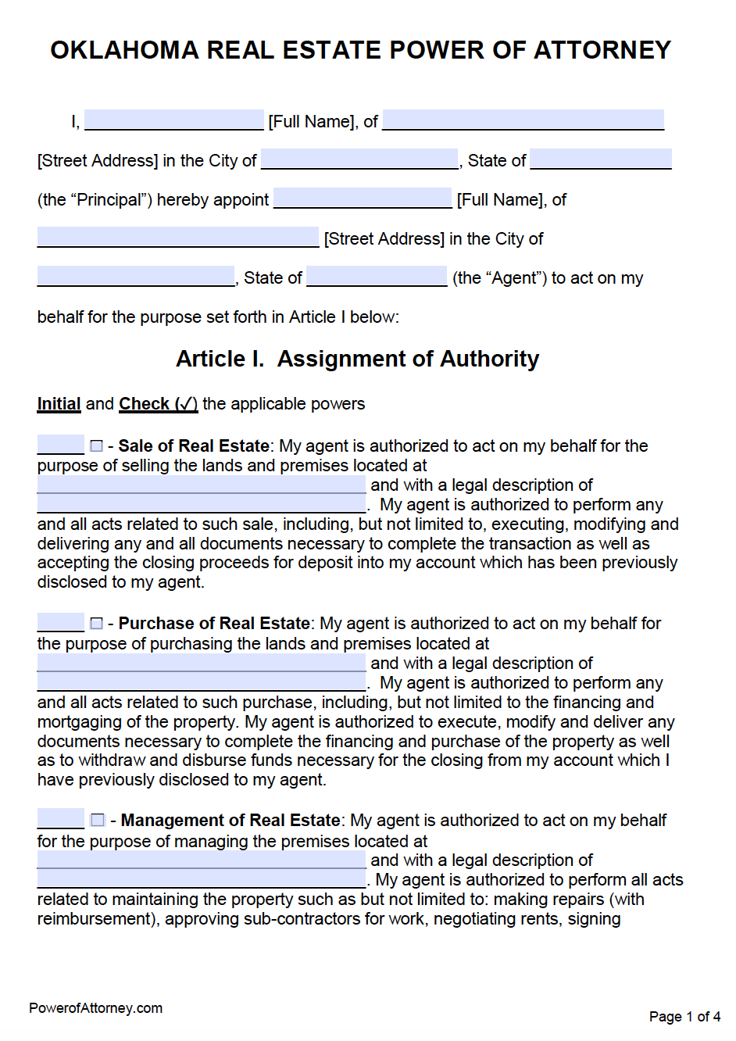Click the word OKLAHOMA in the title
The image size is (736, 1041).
click(x=124, y=50)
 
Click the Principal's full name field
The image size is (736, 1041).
click(x=174, y=120)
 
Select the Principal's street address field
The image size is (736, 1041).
click(x=523, y=120)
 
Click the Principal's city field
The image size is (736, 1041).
click(x=359, y=159)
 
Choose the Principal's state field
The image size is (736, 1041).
click(x=600, y=159)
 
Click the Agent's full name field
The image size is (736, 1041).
click(x=363, y=199)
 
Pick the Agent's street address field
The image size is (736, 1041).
click(x=178, y=238)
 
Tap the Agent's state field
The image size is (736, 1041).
click(x=377, y=277)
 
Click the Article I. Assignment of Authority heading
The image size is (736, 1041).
click(x=357, y=359)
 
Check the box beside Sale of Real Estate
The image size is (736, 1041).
click(x=97, y=446)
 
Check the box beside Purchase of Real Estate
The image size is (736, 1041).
click(x=97, y=624)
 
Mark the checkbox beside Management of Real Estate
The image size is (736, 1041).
click(x=98, y=821)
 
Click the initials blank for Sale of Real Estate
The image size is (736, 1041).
click(x=60, y=445)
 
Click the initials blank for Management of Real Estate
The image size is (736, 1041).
click(x=60, y=820)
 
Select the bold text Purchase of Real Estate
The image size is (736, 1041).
click(x=214, y=624)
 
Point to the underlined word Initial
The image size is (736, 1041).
click(x=59, y=404)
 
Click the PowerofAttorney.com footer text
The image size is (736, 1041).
click(x=95, y=1008)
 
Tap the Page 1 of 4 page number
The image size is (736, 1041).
click(x=684, y=1017)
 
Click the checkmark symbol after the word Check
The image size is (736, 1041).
click(x=186, y=404)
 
